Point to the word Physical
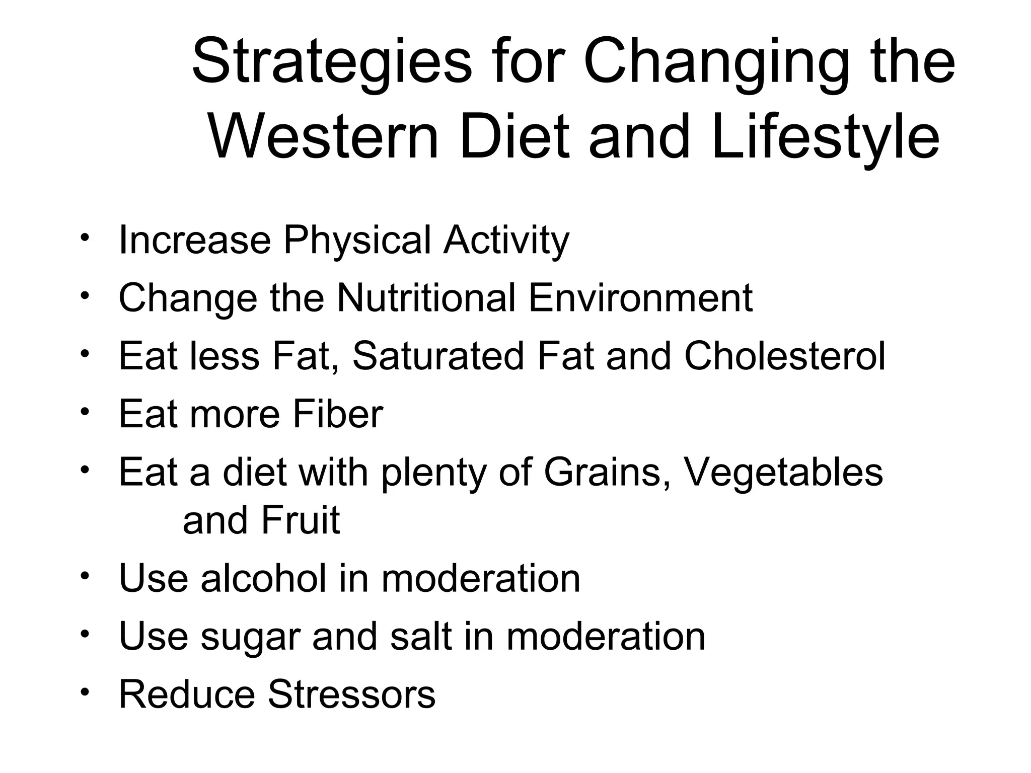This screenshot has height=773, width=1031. point(357,241)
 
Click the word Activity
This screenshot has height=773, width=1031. point(506,241)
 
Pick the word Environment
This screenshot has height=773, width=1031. point(640,298)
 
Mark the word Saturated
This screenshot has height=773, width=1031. point(438,356)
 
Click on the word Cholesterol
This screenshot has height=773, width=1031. point(784,356)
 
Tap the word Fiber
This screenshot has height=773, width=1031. point(337,414)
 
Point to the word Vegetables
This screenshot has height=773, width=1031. point(783,472)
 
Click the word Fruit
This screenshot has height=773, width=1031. point(301,520)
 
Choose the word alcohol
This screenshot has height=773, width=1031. point(263,578)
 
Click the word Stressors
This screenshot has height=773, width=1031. point(351,694)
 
